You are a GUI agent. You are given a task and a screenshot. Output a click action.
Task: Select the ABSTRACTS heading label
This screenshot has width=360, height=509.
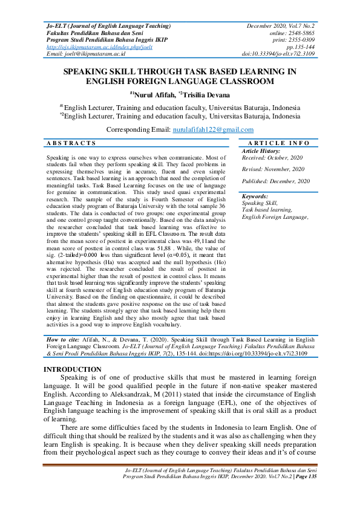(x=71, y=143)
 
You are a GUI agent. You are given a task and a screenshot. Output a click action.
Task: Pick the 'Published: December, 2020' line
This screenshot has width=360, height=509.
(x=275, y=181)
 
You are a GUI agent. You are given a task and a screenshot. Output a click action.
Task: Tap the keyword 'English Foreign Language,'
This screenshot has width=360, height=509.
(x=275, y=216)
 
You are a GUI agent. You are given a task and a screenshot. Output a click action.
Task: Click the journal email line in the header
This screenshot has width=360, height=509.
(x=85, y=53)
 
